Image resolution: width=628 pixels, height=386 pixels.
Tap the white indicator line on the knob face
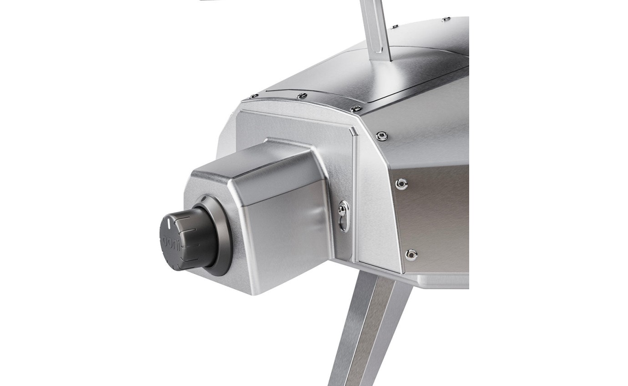[x=169, y=223]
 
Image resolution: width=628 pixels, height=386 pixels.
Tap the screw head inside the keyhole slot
[x=342, y=210]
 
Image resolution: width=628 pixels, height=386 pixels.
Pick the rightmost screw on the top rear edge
[x=356, y=109]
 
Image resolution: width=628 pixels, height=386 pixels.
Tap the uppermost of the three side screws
[x=381, y=135]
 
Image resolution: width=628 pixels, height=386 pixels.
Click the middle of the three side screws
[x=401, y=183]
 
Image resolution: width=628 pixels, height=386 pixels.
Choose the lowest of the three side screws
[x=411, y=254]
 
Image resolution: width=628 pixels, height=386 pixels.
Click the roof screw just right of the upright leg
[x=394, y=27]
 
